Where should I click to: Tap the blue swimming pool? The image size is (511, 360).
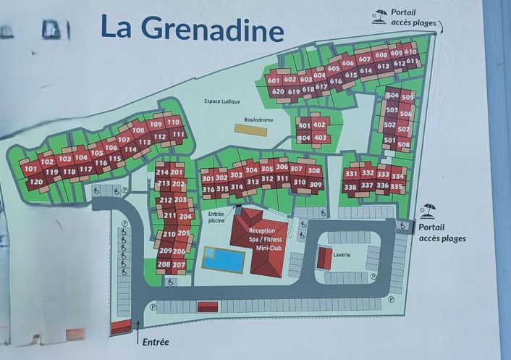[x=223, y=259]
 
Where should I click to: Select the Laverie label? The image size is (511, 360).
[x=342, y=255]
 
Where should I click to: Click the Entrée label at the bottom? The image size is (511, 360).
[x=156, y=342]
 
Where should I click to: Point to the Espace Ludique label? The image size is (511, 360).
[x=221, y=102]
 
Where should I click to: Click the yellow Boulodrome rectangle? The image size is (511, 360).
[x=250, y=130]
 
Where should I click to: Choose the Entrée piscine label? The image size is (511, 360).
[x=216, y=218]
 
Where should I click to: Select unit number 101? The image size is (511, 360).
[x=30, y=168]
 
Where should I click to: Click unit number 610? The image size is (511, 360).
[x=410, y=51]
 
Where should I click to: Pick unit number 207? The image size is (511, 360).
[x=179, y=264]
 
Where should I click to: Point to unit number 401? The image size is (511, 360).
[x=305, y=125]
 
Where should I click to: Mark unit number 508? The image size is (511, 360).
[x=403, y=144]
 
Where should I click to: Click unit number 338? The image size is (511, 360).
[x=350, y=187]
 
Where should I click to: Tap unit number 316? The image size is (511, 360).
[x=208, y=189]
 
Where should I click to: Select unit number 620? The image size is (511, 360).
[x=276, y=92]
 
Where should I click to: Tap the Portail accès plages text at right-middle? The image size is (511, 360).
[x=442, y=233]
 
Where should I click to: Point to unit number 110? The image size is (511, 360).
[x=173, y=122]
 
